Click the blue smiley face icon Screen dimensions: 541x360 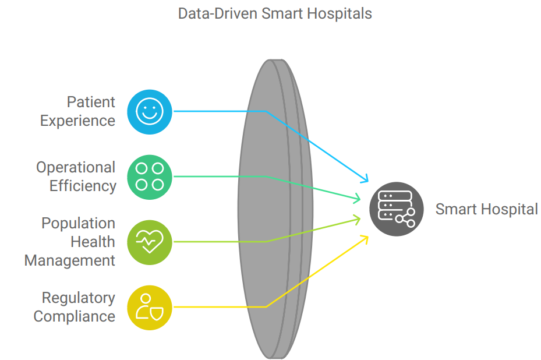(150, 112)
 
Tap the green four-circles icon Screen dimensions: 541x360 (150, 177)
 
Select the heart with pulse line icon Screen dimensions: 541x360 (150, 242)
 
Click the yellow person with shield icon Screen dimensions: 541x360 (150, 308)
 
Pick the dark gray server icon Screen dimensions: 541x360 (397, 209)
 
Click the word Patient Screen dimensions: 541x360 (91, 102)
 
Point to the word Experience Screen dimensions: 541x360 (77, 121)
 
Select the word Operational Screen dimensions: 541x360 (76, 167)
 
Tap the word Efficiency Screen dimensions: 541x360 (83, 186)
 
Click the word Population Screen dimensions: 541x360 (78, 223)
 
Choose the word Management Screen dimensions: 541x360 (70, 260)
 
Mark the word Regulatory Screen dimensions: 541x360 (78, 298)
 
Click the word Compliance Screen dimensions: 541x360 (74, 316)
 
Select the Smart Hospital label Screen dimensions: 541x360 (486, 209)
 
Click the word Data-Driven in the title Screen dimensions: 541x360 (218, 14)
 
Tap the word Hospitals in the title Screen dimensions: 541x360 (340, 14)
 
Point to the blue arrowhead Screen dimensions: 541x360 (365, 178)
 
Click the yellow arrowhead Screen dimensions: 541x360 (365, 239)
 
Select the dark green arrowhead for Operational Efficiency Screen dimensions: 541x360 (357, 199)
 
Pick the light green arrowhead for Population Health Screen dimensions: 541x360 (357, 220)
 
